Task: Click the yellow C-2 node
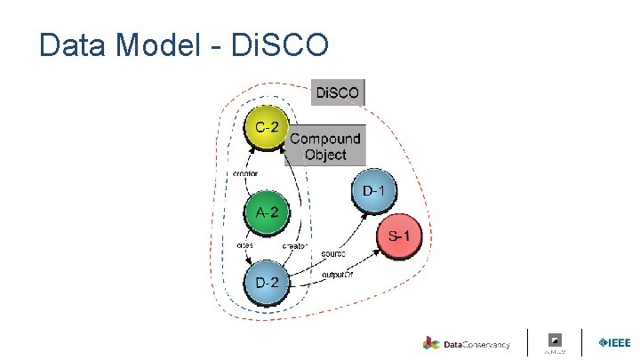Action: point(265,129)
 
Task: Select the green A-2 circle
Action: point(267,212)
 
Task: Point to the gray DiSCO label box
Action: point(338,92)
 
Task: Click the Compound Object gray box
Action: point(325,146)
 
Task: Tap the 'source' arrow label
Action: point(334,253)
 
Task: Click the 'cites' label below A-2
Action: point(244,244)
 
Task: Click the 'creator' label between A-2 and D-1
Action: point(295,245)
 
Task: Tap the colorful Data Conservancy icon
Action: point(431,343)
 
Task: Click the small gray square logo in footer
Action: point(555,340)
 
